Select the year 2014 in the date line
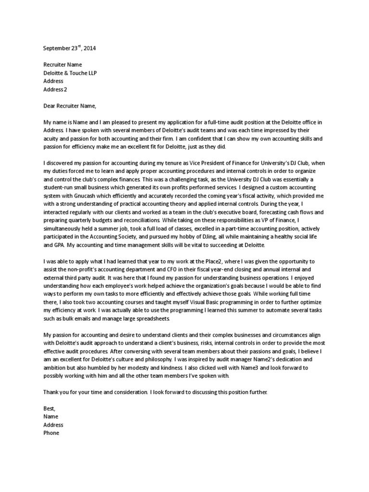(x=95, y=49)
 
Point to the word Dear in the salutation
(x=50, y=106)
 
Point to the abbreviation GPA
(x=57, y=245)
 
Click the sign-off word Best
(x=49, y=408)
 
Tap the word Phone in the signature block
(x=51, y=433)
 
